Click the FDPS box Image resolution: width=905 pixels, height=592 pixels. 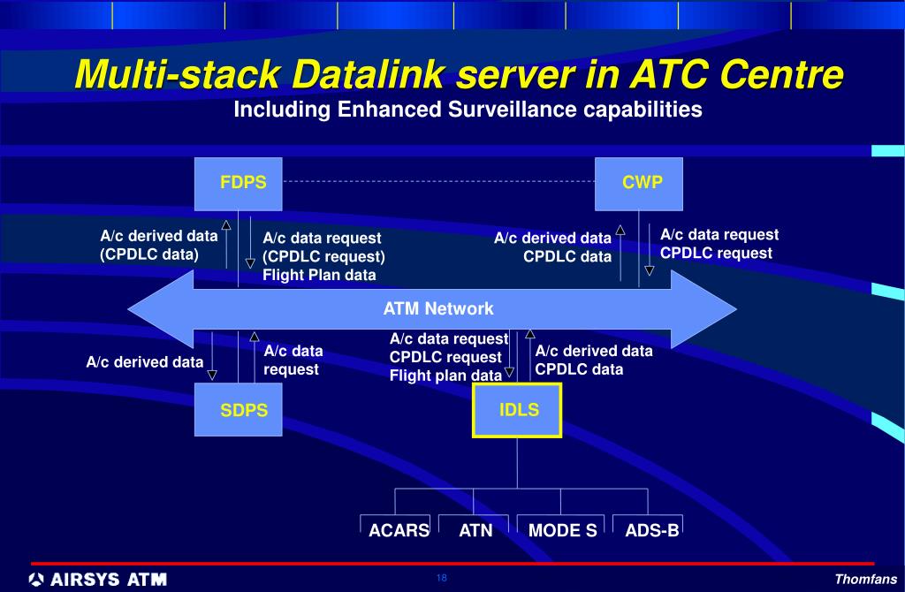coord(244,184)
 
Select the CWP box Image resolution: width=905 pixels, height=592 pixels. coord(639,184)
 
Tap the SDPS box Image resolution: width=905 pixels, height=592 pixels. coord(244,410)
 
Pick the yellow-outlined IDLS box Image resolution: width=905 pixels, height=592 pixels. coord(518,410)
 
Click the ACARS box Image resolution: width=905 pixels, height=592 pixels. coord(399,529)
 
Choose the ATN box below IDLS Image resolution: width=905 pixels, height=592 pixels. coord(475,529)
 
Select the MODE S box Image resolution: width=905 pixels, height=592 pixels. coord(562,529)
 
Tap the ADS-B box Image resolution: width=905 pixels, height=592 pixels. coord(651,529)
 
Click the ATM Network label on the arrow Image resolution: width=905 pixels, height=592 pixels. coord(437,308)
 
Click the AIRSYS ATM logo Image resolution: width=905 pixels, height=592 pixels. coord(97,580)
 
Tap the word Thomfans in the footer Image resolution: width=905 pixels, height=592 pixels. coord(865,580)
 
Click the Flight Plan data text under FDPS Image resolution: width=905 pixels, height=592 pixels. coord(319,275)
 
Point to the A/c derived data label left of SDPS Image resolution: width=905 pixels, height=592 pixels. coord(144,361)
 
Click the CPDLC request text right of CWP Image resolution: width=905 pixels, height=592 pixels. coord(716,254)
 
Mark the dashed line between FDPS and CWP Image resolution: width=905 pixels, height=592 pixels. coord(437,180)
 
